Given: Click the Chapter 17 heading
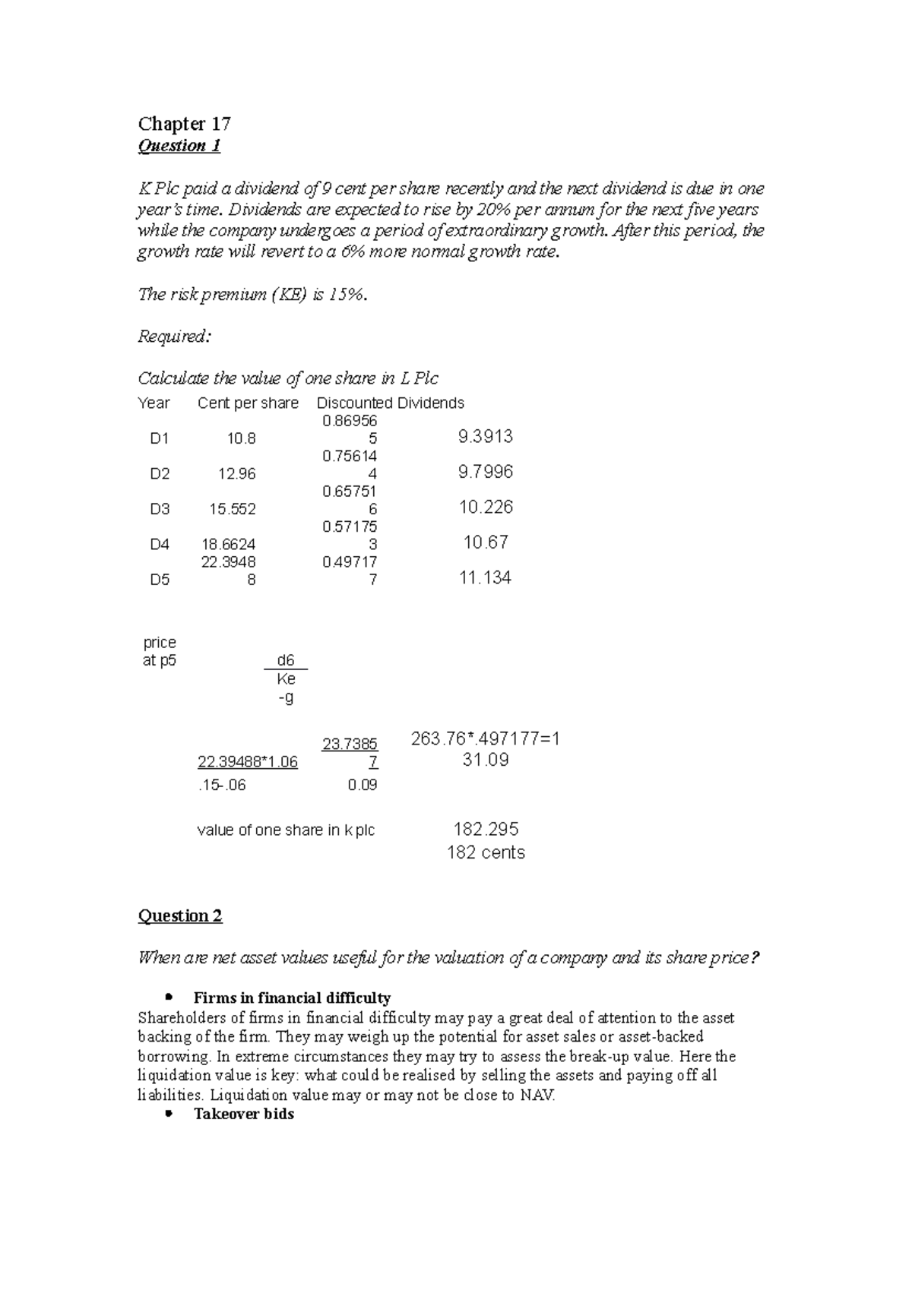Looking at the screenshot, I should pos(184,123).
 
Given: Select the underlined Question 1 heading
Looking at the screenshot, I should pos(179,146).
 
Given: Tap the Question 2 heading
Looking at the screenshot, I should pos(179,915).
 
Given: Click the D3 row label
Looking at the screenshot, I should pos(160,509).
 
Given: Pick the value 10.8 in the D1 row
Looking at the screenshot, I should pos(241,438).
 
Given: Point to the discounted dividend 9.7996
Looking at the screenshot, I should pos(486,473).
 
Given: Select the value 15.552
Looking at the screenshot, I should pos(233,509).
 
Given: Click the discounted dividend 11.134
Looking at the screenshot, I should pos(485,578).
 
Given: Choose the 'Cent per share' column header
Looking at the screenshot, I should pos(248,403).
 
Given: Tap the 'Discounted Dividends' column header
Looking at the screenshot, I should pos(390,403).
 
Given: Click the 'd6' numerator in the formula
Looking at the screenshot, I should pos(286,660).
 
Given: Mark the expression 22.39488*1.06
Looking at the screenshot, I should pos(248,762).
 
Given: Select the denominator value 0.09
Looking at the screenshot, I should pos(362,785).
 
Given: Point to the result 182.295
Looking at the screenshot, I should pos(486,829).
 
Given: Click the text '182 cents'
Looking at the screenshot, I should pos(486,852).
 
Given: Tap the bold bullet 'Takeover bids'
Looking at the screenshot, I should pos(243,1114).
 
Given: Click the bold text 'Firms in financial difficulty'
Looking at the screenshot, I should pos(292,998).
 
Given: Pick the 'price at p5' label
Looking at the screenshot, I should pos(160,651).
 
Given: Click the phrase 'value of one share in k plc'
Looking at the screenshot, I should pos(286,830).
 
